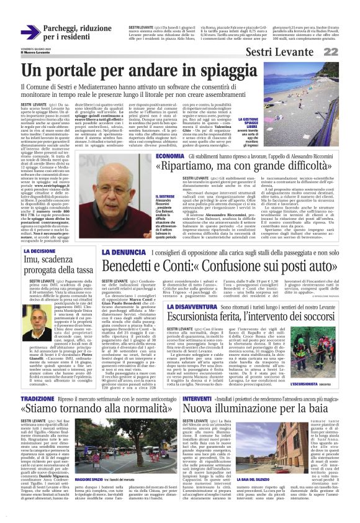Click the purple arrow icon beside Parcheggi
tap(30, 32)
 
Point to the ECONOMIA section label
tap(170, 156)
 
